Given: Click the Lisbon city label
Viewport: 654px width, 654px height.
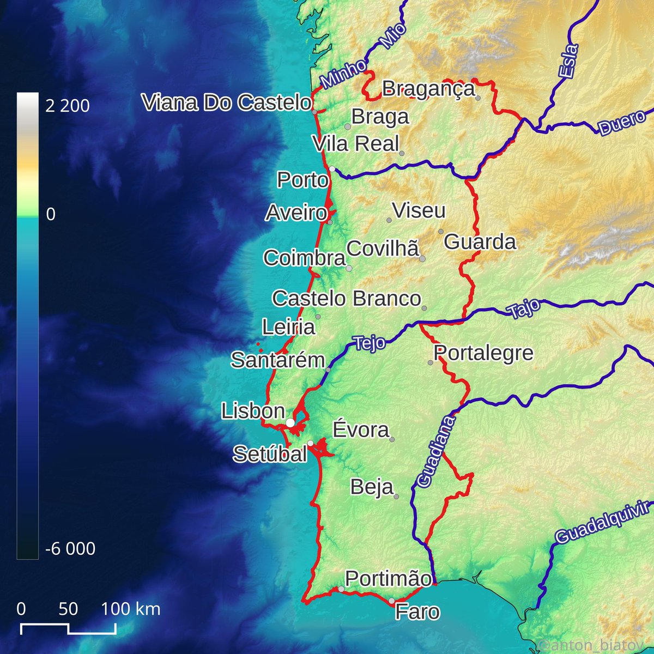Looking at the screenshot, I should coord(253,411).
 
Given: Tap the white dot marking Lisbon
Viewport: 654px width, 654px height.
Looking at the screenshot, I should coord(290,423).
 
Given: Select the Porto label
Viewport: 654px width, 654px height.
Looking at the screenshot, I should coord(302,180).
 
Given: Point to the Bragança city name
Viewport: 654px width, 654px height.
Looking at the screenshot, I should coord(428,88).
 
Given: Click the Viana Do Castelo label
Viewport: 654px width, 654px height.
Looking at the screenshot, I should coord(227,102).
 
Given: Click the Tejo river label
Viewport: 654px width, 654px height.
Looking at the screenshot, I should coord(369,343).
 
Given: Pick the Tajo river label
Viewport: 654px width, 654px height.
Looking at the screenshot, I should coord(524,308).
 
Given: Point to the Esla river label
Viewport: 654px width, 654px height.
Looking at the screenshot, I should coord(567,60).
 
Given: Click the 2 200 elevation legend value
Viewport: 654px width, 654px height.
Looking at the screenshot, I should coord(68,106).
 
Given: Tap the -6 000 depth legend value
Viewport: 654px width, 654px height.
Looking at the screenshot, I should coord(70,548).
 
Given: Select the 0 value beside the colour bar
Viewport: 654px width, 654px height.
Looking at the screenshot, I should coord(51,214).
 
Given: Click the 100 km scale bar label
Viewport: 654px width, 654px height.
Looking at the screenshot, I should coord(131,608).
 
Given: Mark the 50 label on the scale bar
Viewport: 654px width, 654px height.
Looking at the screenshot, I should coord(68,608).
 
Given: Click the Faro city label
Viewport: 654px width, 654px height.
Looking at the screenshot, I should coord(417,612).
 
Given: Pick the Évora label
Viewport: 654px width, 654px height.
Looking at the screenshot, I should coord(361,430).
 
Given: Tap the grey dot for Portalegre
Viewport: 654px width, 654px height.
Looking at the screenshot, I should coord(430,362).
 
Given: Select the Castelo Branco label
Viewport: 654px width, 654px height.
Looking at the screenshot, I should coord(346,299).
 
